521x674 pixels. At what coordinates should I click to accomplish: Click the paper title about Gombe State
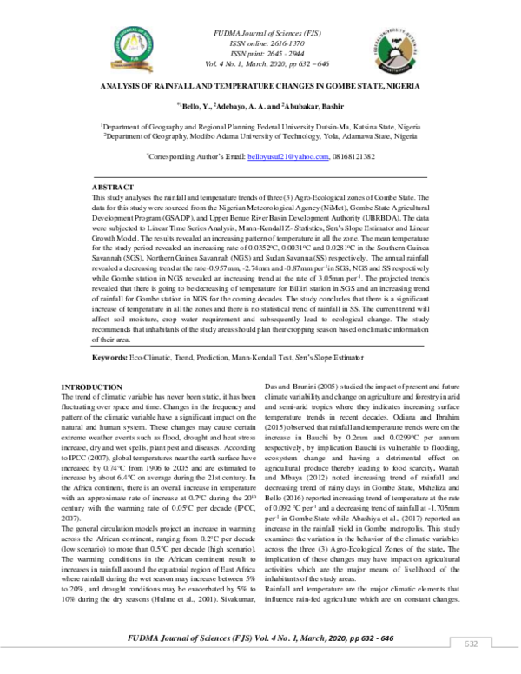(260, 88)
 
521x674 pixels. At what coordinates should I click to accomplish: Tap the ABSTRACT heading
(112, 188)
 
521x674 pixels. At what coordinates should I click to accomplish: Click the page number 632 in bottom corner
(472, 644)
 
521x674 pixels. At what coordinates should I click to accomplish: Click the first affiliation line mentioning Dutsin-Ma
(260, 127)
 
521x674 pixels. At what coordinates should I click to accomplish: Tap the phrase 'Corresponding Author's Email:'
(196, 156)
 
